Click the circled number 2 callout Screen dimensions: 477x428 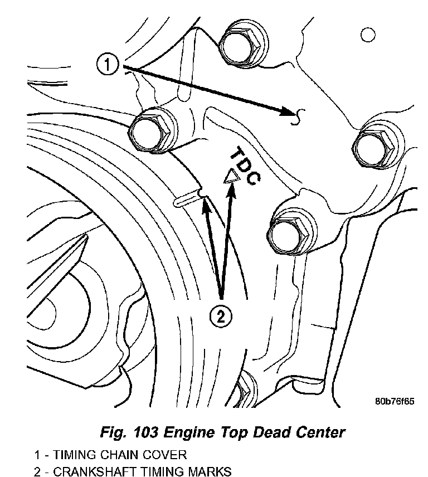tap(221, 317)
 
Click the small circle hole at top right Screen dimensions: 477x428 tap(368, 36)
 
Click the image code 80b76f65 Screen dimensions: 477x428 tap(394, 401)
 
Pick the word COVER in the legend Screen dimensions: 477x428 tap(163, 455)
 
